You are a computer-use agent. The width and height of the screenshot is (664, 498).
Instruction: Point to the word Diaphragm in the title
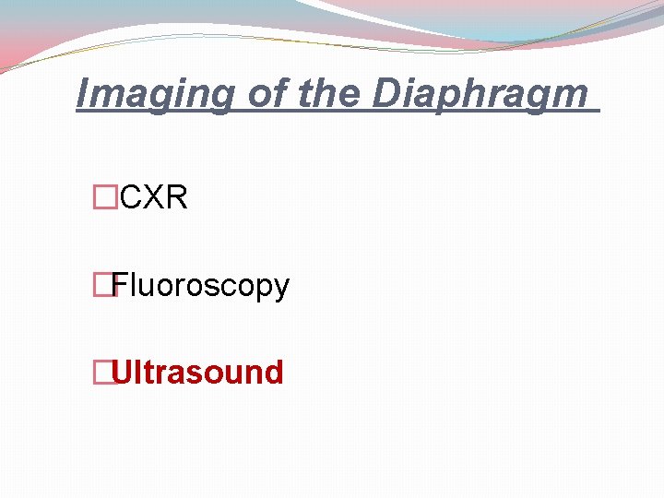[x=480, y=93]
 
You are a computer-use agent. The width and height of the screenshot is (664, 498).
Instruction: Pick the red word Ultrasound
[x=197, y=373]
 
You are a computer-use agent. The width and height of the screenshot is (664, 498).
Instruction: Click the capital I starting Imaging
[x=83, y=93]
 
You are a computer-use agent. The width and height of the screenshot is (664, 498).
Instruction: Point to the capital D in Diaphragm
[x=386, y=93]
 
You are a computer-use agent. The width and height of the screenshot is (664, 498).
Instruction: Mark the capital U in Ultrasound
[x=123, y=373]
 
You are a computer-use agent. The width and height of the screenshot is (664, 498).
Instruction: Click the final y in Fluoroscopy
[x=281, y=288]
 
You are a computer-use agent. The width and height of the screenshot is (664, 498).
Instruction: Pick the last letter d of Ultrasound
[x=273, y=373]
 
